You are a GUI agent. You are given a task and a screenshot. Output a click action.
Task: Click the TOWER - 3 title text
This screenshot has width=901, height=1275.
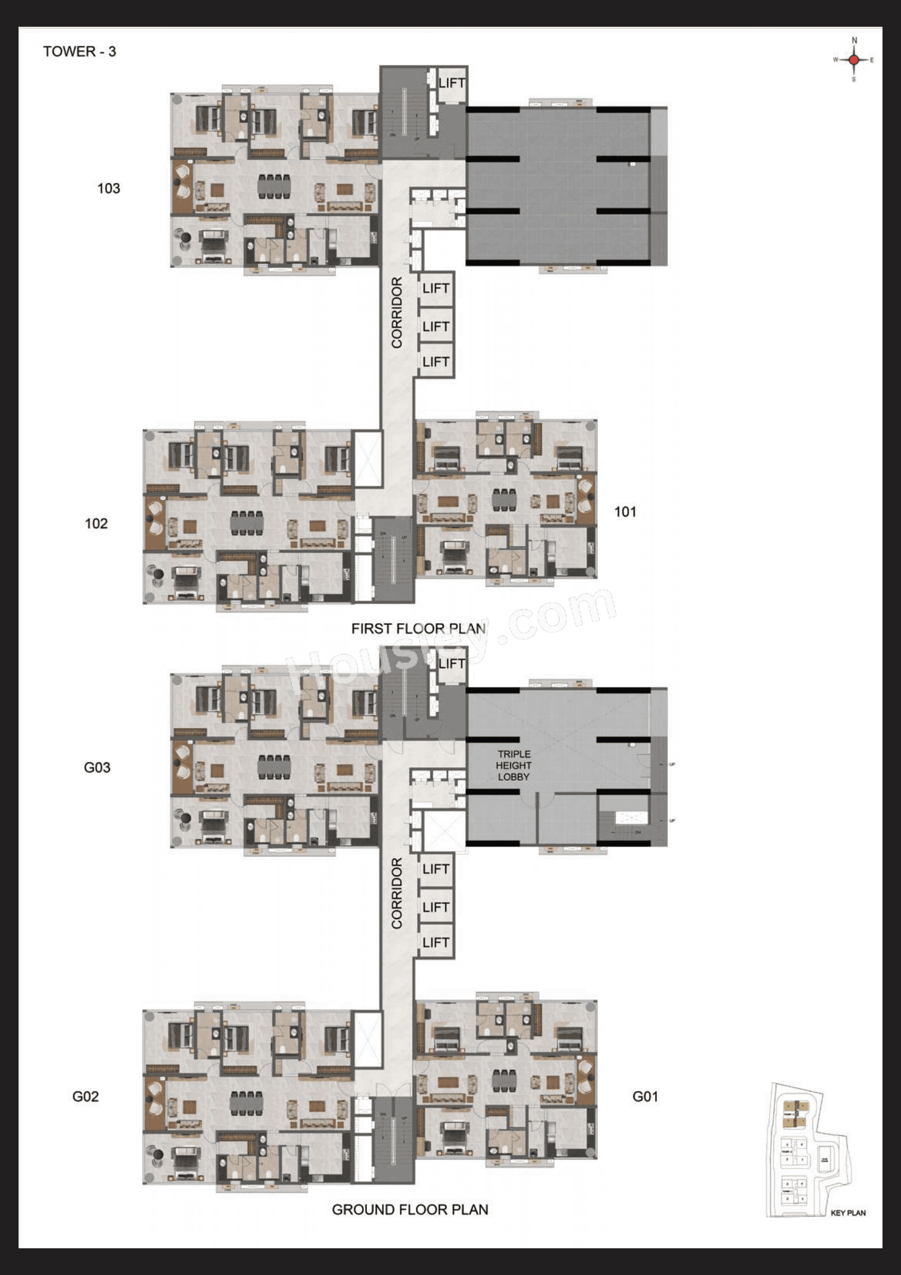tap(80, 52)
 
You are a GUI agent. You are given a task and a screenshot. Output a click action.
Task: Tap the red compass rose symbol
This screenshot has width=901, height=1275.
tap(854, 60)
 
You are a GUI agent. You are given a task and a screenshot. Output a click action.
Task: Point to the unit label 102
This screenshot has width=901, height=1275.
tap(96, 523)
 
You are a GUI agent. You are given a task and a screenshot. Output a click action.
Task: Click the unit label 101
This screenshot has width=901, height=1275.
tap(625, 512)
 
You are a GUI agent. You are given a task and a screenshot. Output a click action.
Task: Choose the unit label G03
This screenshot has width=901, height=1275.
tap(97, 768)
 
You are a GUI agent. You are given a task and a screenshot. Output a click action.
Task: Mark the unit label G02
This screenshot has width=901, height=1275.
tap(85, 1097)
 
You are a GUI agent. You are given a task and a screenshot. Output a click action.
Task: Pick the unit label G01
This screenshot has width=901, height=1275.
tap(645, 1097)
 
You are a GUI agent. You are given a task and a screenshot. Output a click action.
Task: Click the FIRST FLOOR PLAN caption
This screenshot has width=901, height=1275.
tap(418, 629)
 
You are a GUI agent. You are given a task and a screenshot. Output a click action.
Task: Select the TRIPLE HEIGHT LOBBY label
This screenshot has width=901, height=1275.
tap(514, 765)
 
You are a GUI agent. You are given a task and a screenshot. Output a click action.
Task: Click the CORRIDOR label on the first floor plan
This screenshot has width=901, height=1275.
tap(397, 313)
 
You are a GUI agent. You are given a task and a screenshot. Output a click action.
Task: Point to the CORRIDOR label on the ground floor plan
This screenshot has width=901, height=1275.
tap(397, 893)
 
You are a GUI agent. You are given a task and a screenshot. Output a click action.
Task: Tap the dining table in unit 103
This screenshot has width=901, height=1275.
tap(274, 186)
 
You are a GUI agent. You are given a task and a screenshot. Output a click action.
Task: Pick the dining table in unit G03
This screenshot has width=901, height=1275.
tap(274, 767)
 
